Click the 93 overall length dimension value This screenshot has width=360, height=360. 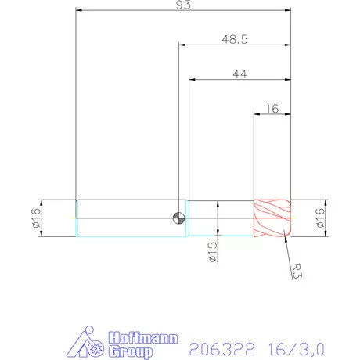183,5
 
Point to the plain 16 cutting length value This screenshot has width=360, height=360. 272,109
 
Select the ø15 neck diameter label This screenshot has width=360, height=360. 213,252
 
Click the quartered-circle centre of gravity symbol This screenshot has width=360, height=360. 180,218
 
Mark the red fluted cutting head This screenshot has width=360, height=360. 272,218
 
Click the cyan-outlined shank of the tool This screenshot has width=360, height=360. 125,218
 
